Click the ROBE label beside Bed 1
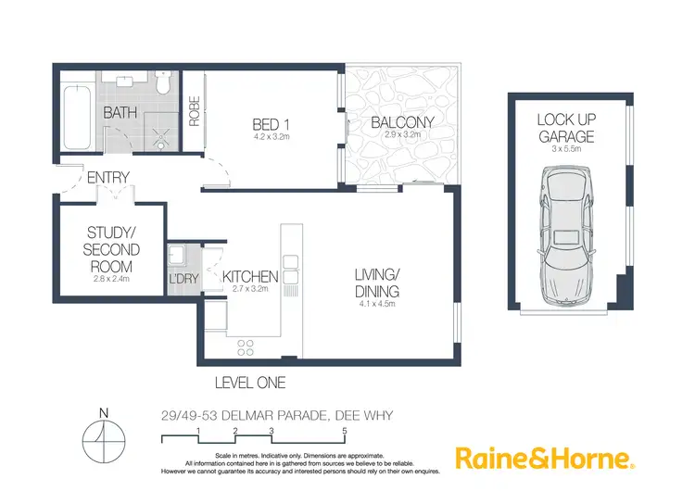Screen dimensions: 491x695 coord(195,111)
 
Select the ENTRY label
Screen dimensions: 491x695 coord(107,177)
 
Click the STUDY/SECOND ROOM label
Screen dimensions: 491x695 coord(112,249)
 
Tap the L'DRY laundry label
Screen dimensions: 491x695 coord(182,278)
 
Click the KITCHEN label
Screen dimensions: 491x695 coord(250,276)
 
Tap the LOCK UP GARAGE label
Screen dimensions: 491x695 coord(564,128)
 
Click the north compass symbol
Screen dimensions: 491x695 coord(104,437)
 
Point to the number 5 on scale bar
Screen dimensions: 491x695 coord(345,431)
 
